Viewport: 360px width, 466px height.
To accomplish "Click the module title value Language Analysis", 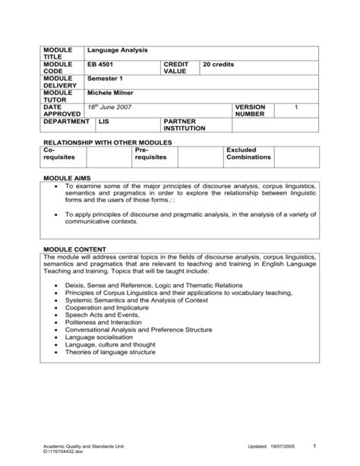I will click(x=117, y=50).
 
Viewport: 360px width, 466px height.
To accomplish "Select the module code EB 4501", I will click(x=101, y=64).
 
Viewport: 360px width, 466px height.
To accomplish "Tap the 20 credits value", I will click(x=219, y=64).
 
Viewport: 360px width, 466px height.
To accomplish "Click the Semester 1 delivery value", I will click(x=105, y=78).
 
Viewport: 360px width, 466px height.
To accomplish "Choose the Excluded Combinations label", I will click(x=248, y=153).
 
